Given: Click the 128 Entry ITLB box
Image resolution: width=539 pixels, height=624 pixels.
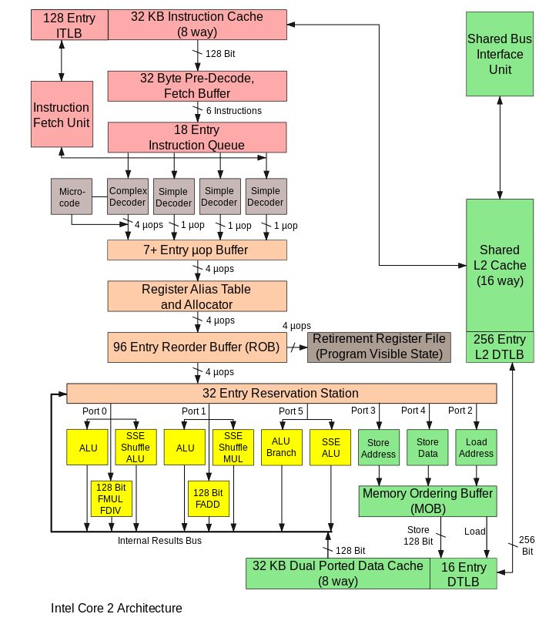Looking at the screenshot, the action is pos(69,25).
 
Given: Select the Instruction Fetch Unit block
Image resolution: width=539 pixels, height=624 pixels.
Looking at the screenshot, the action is pos(62,114).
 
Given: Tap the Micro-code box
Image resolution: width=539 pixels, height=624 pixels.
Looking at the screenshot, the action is pos(72,196).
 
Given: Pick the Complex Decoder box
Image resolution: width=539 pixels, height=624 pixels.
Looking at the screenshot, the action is pos(128,196).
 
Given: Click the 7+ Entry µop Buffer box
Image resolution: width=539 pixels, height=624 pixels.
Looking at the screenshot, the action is pos(197,250).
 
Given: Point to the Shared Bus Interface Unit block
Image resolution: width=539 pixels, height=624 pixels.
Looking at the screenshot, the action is pos(500,54).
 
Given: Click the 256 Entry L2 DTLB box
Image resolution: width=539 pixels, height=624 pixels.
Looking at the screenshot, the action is pos(500,347).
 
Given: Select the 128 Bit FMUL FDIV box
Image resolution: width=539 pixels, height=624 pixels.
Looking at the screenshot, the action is pos(112,498).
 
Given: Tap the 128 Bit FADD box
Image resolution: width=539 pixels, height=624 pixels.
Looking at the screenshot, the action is pos(209,498).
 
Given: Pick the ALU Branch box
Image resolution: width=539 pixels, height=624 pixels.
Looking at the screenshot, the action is pos(282,448).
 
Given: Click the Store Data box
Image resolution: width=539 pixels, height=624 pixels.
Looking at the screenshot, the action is pos(427,448).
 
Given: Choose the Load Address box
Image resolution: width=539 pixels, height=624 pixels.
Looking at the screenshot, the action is pos(476,448).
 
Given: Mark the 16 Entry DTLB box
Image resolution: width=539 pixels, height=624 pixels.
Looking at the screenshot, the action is pos(464,573).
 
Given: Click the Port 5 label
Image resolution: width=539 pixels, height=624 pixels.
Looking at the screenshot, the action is pos(291,411).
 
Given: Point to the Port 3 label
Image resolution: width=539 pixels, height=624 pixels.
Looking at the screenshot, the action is pos(363,411).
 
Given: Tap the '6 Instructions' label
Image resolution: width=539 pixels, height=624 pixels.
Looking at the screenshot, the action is pos(234,111).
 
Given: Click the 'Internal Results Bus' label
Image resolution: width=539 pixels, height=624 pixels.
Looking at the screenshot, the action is pos(159,541).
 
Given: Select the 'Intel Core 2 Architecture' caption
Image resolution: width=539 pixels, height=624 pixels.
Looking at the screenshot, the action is pos(116,608).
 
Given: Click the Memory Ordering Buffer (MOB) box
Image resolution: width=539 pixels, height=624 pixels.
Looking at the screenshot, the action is pos(427,501).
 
